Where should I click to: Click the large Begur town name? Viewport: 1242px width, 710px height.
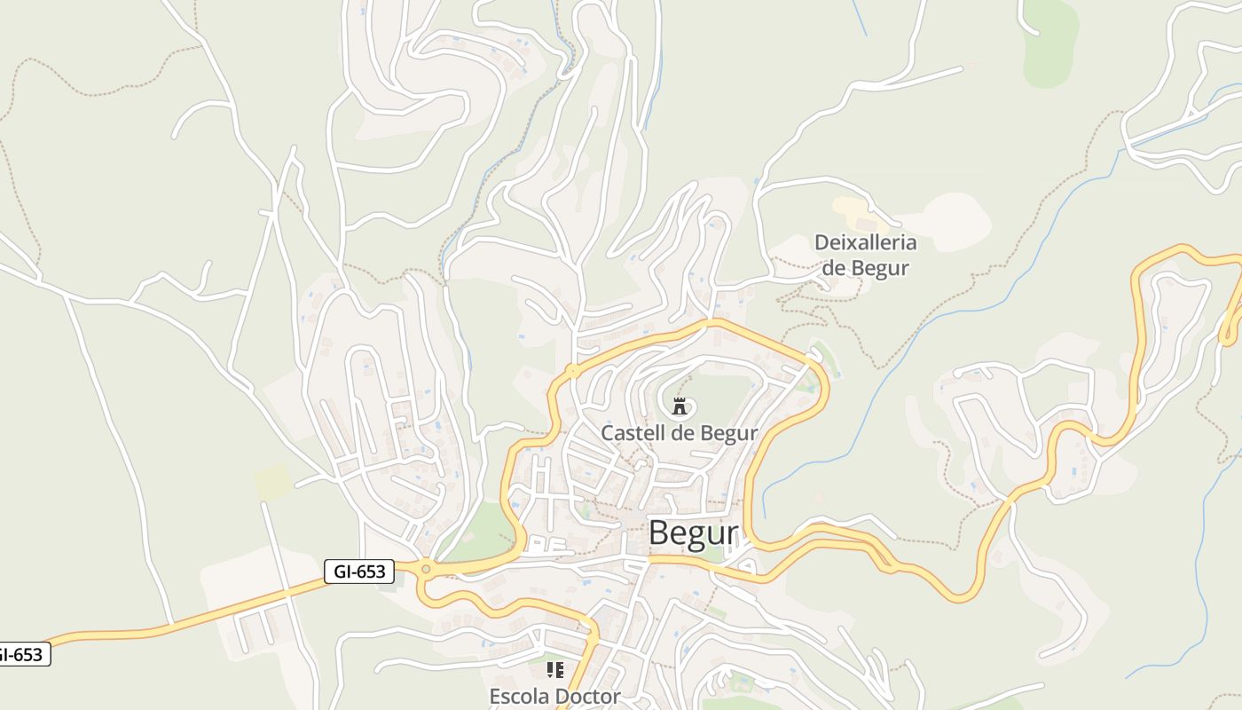(693, 533)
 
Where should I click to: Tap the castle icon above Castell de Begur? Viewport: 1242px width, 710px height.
(680, 407)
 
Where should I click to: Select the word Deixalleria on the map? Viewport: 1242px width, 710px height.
(865, 242)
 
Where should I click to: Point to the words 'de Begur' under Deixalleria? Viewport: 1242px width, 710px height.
(865, 267)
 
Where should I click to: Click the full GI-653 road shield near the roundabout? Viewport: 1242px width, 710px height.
(359, 572)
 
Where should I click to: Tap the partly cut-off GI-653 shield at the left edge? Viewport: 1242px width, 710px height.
(21, 655)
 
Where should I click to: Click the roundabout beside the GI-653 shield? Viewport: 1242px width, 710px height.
(427, 569)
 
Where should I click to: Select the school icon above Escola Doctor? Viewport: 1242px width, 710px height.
(555, 670)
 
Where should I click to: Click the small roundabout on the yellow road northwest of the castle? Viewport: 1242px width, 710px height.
(574, 370)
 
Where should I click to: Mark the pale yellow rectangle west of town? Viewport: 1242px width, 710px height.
(272, 480)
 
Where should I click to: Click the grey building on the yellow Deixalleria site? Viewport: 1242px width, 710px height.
(865, 225)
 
